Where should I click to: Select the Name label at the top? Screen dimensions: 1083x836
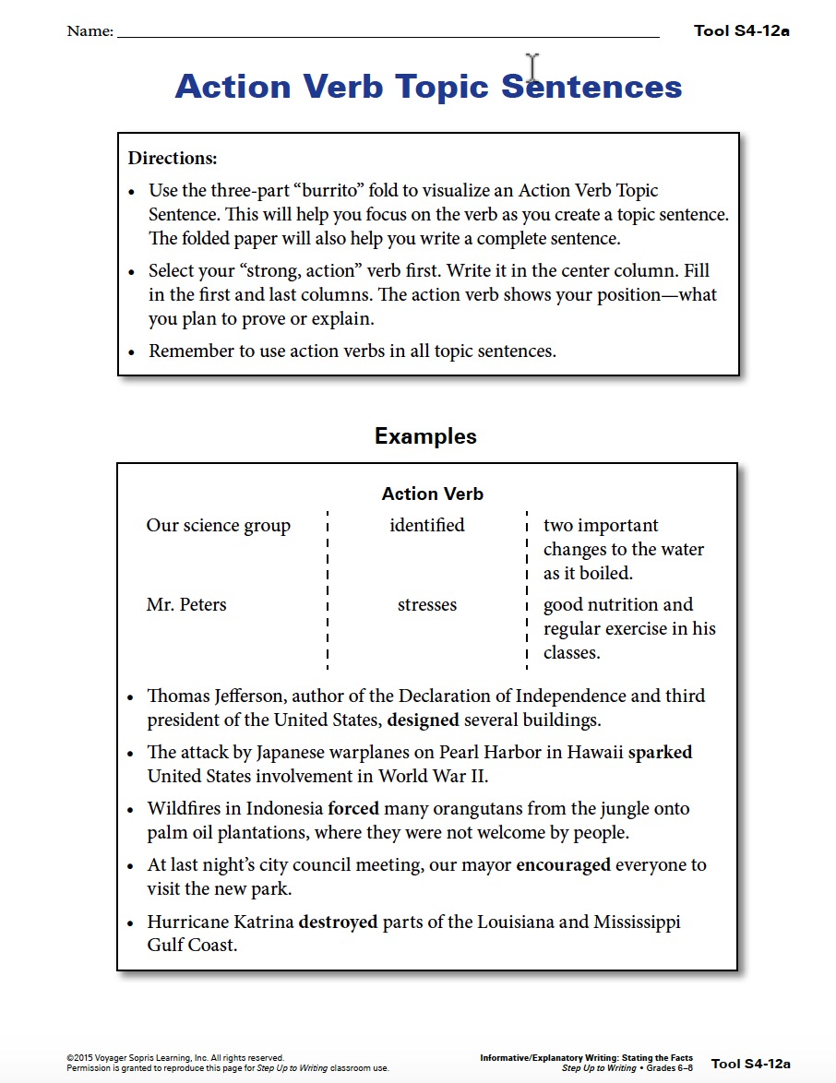pos(90,31)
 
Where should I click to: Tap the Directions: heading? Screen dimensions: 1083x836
pos(173,158)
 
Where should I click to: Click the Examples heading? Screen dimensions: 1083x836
pos(425,436)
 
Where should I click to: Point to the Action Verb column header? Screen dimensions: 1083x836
pos(432,494)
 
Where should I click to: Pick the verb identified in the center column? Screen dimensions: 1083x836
pos(426,525)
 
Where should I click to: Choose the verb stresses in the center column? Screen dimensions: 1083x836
pos(426,605)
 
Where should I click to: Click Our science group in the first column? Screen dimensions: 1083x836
pos(218,526)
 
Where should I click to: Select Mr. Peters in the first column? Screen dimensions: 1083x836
pos(185,605)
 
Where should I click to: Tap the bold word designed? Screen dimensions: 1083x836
pos(423,720)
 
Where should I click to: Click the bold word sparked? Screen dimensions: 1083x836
pos(660,752)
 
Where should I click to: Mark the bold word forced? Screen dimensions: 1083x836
pos(353,809)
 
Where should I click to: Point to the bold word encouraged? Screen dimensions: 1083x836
pos(563,865)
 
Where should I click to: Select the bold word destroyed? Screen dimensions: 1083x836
pos(338,922)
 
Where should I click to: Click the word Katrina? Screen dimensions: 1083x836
pos(263,922)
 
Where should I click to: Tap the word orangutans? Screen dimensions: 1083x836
pos(485,809)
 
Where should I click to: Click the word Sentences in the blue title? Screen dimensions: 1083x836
pos(591,87)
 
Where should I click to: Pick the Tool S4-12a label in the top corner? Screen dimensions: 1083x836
pos(741,31)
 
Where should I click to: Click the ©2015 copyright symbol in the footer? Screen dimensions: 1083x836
pos(69,1058)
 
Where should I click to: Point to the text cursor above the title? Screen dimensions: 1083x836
pos(532,67)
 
